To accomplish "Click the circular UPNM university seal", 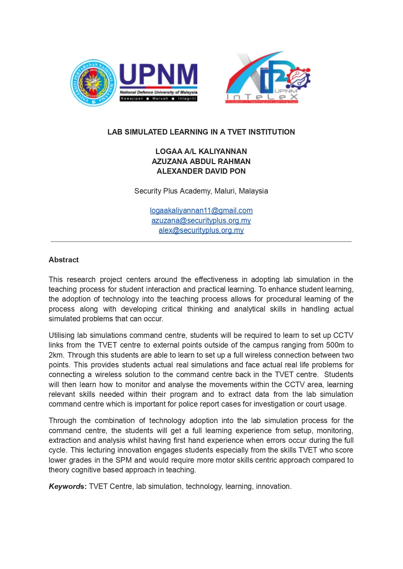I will (x=93, y=83).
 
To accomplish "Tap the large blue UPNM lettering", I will (x=158, y=74).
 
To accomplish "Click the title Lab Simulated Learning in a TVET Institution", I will (x=201, y=132).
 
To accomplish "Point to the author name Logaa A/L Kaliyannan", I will (x=201, y=151).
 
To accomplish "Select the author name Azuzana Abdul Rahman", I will (x=201, y=161).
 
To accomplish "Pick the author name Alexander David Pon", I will (x=201, y=171).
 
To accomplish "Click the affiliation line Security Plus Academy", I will (x=201, y=191).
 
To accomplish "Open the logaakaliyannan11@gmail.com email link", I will (x=201, y=211).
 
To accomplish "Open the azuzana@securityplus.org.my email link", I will (x=201, y=220).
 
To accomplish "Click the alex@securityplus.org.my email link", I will (x=201, y=230).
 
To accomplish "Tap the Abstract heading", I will (x=64, y=260).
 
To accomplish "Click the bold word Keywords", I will (x=67, y=486).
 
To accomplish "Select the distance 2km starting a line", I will (x=55, y=355).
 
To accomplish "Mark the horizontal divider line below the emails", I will (x=201, y=242).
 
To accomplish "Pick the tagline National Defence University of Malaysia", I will (x=158, y=92).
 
